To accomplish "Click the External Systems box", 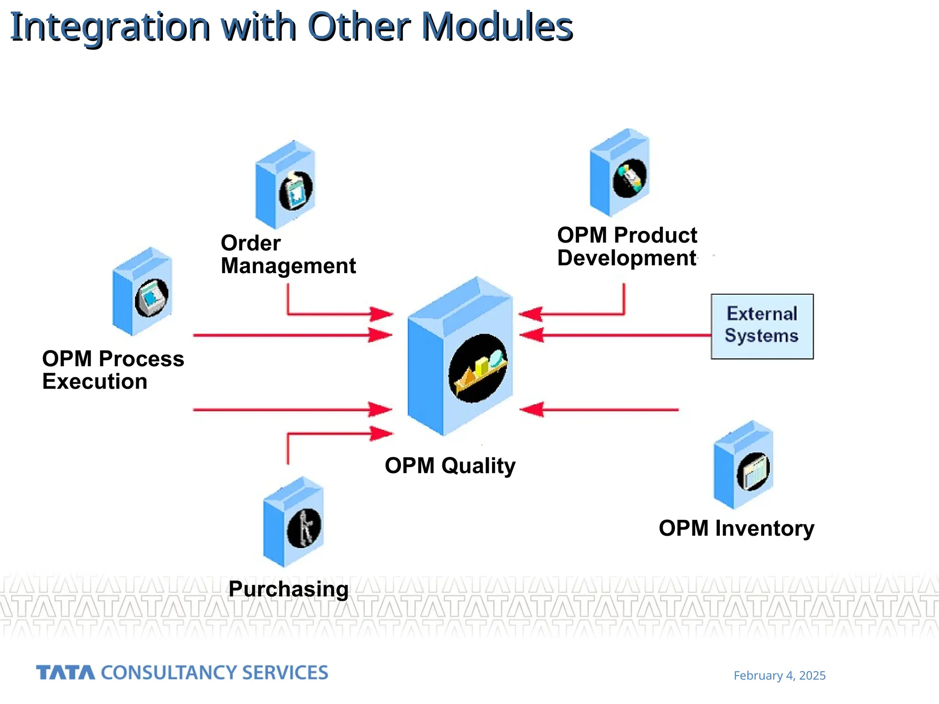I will [762, 326].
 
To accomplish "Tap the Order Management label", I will [288, 255].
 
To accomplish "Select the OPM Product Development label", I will [627, 247].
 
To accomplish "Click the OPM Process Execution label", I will [113, 370].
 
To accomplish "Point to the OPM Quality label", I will [450, 466].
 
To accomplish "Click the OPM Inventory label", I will [736, 528].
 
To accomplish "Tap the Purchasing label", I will [288, 589].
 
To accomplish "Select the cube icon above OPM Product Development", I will [620, 173].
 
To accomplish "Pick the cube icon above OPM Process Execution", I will [143, 292].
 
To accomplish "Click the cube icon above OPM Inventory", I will [744, 465].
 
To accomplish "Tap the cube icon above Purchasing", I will [294, 522].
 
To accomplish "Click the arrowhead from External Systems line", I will [532, 335].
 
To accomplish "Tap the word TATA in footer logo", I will [66, 673].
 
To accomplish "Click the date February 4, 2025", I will [779, 676].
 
